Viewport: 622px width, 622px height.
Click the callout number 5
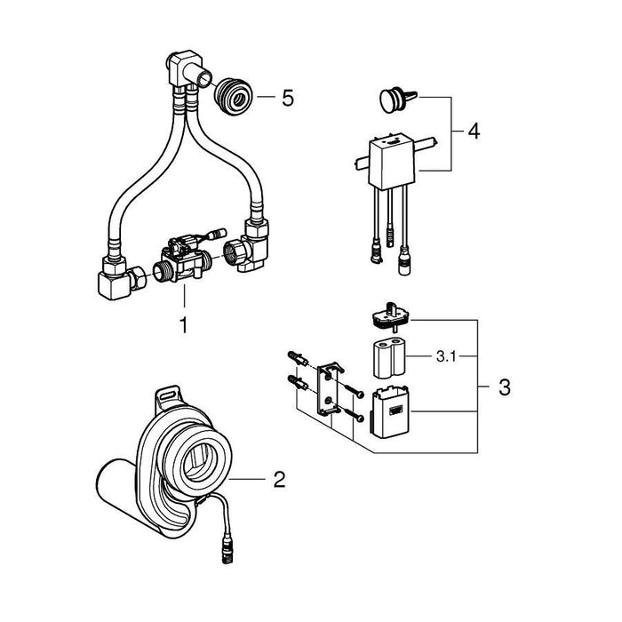click(x=286, y=97)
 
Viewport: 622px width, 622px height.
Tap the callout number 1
click(x=183, y=326)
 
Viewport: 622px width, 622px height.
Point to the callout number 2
click(x=279, y=481)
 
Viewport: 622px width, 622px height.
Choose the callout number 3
click(x=504, y=387)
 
